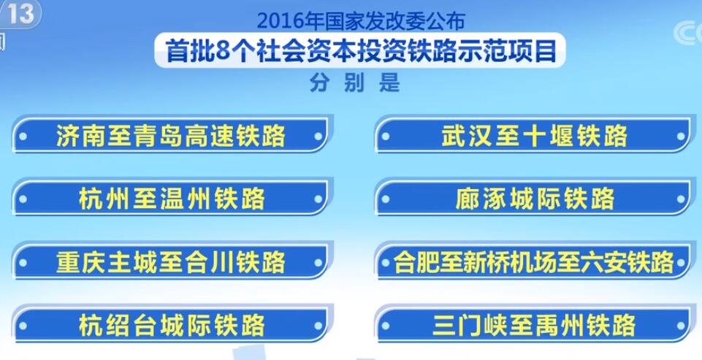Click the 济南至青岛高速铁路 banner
(x=171, y=135)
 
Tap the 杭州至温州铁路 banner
(x=171, y=199)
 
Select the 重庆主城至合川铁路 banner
(x=171, y=262)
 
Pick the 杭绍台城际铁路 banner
(x=171, y=325)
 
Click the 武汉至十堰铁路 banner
(x=533, y=135)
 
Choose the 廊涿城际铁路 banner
(x=533, y=199)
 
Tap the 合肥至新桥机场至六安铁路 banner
(x=533, y=262)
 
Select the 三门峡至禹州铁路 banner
(x=533, y=325)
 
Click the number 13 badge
(x=20, y=13)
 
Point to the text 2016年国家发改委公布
(x=362, y=21)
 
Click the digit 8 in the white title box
(x=223, y=51)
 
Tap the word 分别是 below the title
(x=354, y=83)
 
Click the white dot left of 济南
(x=23, y=136)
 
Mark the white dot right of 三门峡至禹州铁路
(x=681, y=326)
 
